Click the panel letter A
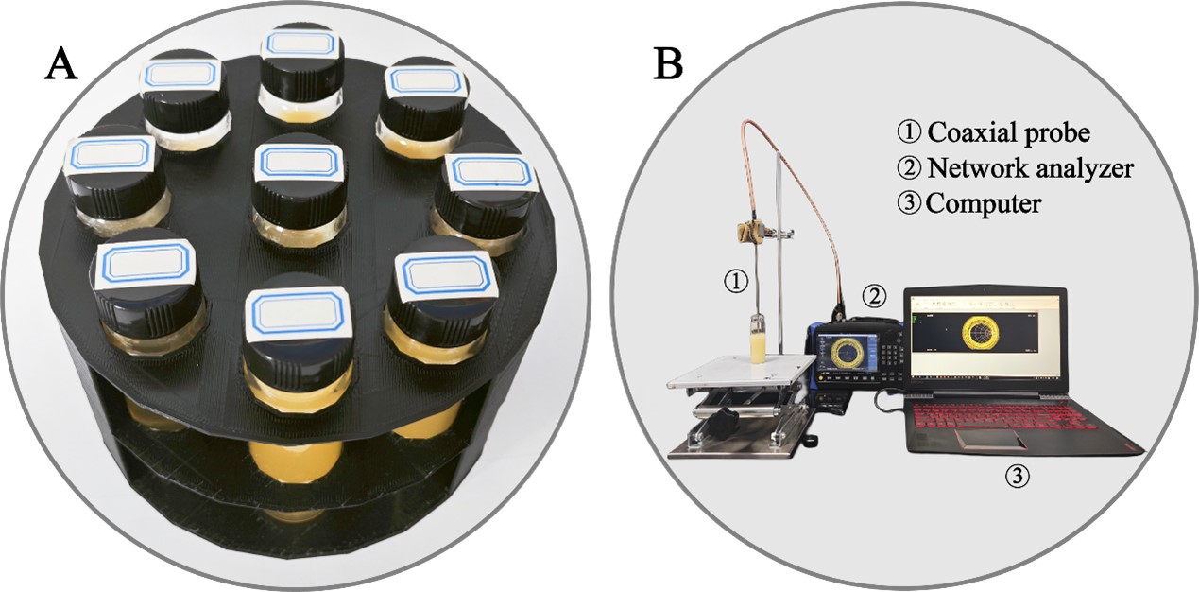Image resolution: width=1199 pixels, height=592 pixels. (x=61, y=67)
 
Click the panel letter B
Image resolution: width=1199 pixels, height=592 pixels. (x=669, y=65)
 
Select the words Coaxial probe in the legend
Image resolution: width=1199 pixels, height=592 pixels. (x=1008, y=132)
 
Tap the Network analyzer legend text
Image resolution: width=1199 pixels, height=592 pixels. (x=1030, y=168)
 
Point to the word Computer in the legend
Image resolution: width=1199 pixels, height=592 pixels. (x=984, y=203)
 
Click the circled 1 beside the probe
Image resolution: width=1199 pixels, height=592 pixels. (x=736, y=281)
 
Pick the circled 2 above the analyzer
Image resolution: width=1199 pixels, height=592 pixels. (x=874, y=295)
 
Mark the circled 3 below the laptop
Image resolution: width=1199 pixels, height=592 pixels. (x=1017, y=477)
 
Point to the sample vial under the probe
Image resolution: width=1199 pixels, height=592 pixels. (x=759, y=338)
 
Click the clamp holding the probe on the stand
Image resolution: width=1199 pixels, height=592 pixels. (x=754, y=231)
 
